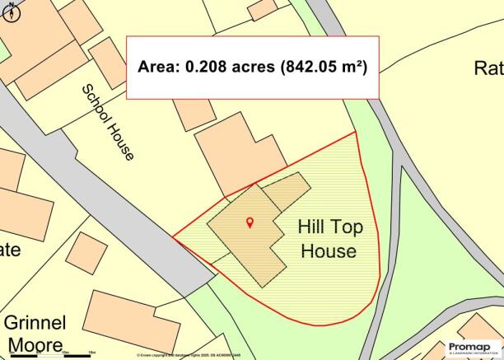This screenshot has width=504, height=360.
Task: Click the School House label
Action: (107, 122)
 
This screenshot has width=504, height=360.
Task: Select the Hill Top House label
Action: (329, 239)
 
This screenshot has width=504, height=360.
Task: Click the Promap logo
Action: (474, 348)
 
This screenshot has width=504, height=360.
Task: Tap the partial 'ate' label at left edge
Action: (10, 249)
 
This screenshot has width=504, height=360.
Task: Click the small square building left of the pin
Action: (86, 253)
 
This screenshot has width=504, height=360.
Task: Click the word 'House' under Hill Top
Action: (329, 250)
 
